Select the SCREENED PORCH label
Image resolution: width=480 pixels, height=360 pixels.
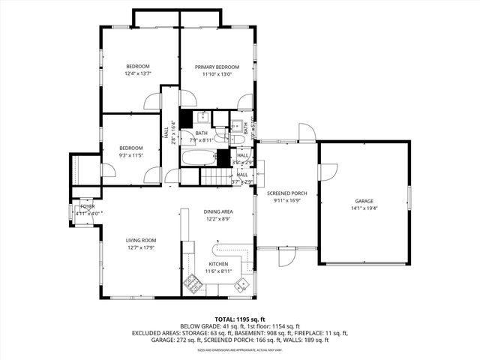[x=287, y=193]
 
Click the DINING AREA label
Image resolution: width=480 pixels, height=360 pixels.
[x=218, y=212]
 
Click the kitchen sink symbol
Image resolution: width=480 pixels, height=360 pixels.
[x=241, y=283]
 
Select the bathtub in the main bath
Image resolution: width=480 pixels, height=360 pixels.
[x=197, y=158]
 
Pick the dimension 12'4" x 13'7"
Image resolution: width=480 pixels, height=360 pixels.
[x=138, y=73]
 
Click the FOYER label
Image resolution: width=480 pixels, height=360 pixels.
[x=88, y=206]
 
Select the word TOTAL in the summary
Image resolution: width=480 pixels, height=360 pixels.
[x=227, y=319]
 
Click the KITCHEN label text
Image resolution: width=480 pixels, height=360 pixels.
[x=218, y=264]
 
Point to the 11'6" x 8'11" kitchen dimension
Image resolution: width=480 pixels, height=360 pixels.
[x=218, y=271]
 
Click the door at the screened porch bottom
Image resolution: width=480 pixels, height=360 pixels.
[x=285, y=259]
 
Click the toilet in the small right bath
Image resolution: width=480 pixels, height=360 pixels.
[x=237, y=138]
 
